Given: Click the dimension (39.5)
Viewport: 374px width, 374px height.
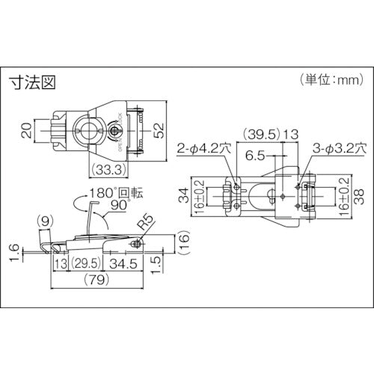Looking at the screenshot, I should click(259, 135).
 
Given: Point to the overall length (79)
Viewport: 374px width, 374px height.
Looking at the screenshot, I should click(96, 283).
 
